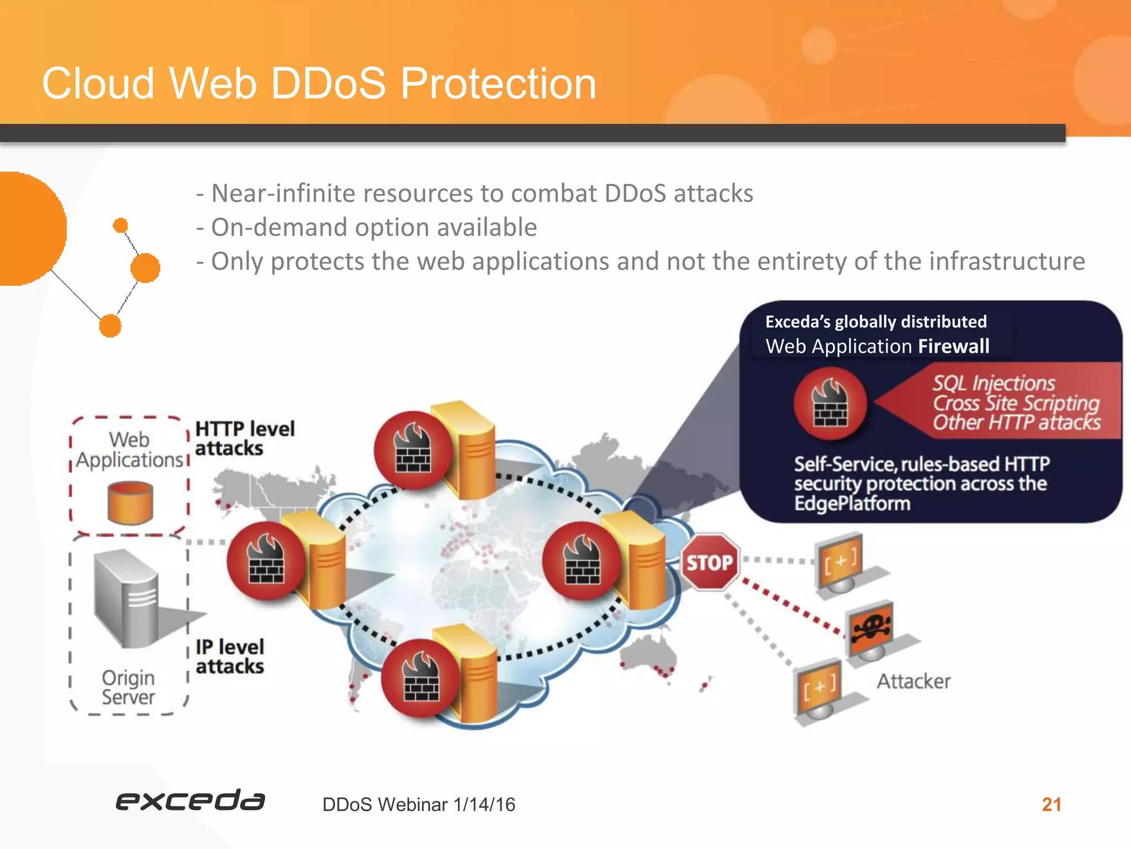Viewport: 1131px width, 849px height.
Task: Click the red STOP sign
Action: coord(710,563)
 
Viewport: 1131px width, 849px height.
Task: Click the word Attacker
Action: coord(913,681)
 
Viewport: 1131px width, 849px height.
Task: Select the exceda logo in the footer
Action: coord(190,800)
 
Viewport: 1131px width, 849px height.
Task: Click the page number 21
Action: coord(1051,804)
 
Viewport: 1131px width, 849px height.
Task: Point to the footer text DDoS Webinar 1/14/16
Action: coord(419,805)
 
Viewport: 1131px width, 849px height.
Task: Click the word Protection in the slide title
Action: coord(498,84)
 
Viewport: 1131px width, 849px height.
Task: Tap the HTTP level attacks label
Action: coord(245,438)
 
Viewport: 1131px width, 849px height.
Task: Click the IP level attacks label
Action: coord(230,657)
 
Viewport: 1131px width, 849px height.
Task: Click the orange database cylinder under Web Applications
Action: coord(130,502)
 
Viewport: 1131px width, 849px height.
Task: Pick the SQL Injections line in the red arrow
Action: coord(993,383)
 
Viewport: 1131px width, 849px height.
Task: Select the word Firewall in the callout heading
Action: coord(953,347)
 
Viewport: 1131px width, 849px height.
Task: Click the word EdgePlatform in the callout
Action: coord(852,504)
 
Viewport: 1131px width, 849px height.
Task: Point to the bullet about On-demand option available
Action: coord(367,227)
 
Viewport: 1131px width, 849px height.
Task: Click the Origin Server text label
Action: coord(128,688)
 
